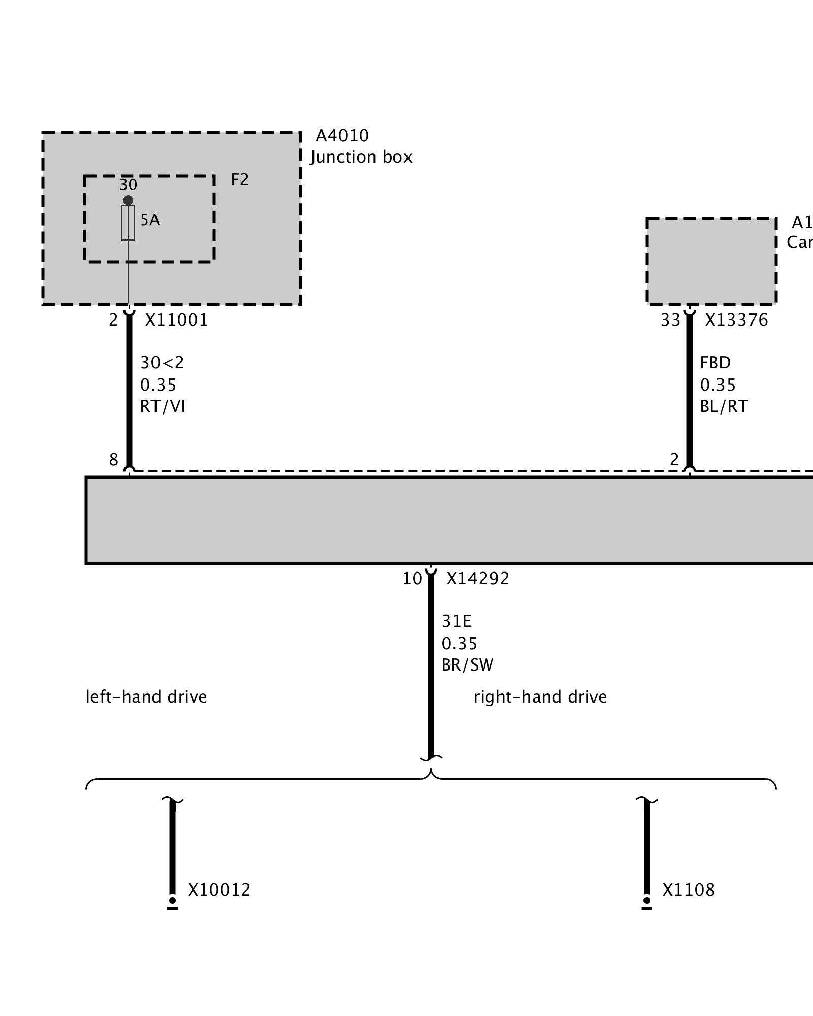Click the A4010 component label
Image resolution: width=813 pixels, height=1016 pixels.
pos(342,136)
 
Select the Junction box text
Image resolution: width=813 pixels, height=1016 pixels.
pos(361,157)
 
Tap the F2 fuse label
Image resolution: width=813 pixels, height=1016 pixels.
pos(240,180)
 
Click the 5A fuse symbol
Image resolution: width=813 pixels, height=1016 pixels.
pos(128,223)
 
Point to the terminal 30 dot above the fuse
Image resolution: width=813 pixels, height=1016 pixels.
pos(128,200)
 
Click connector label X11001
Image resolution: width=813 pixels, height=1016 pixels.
pos(177,320)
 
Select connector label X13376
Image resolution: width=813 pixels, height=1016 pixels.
pos(736,320)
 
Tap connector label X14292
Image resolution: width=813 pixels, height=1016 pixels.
pos(478,579)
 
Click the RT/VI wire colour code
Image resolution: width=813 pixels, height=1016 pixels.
pos(163,406)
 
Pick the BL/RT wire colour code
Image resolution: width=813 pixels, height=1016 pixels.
pos(724,406)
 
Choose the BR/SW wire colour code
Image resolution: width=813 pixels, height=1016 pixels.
pos(467,665)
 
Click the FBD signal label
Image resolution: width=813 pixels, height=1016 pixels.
pos(715,363)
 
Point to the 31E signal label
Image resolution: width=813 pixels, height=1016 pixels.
pos(456,621)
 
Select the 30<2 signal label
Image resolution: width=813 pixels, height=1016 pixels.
pos(162,363)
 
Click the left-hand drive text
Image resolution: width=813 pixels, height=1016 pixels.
pos(146,696)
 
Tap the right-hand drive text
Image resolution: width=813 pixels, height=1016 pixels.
pos(540,696)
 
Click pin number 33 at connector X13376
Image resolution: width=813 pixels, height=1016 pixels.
pos(670,320)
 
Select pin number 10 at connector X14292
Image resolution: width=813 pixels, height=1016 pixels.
pos(412,579)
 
